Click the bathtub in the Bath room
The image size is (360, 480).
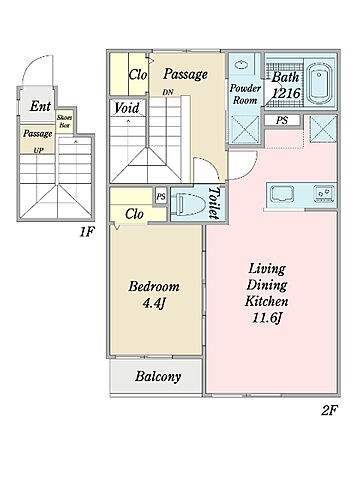pos(320,83)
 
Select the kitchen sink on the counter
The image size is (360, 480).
pos(282,194)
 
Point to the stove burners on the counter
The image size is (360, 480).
pos(324,194)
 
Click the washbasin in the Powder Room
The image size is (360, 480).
pos(240,64)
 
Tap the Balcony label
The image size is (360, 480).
pos(158,377)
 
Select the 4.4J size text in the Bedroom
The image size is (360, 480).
pos(154,303)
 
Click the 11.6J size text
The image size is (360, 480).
pos(267,318)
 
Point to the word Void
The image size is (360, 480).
pos(127,108)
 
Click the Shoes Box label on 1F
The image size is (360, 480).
pos(64,122)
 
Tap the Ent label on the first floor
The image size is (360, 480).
pos(40,106)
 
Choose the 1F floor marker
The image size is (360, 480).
pos(87,232)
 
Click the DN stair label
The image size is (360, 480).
pos(168,92)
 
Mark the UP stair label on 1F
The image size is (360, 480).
pos(38,150)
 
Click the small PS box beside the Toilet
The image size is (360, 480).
pos(161,197)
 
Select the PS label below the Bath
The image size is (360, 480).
pos(282,120)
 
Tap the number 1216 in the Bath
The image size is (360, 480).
pos(287,93)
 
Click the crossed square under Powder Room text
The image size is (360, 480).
pos(245,129)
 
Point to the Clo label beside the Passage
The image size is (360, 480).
pos(138,75)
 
